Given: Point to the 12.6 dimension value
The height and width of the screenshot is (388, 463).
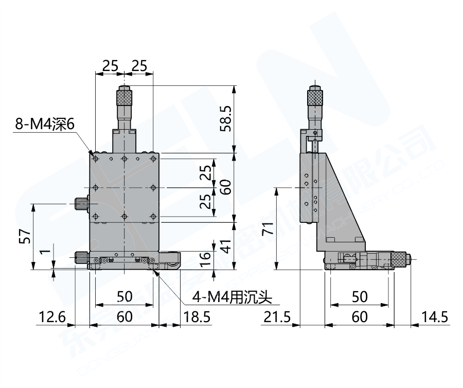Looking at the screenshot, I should click(51, 317).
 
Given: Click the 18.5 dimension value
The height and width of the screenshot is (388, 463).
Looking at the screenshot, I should click(197, 317).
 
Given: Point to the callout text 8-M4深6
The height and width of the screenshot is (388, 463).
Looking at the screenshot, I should click(45, 124).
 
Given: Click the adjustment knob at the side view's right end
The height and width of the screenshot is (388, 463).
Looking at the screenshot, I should click(401, 259).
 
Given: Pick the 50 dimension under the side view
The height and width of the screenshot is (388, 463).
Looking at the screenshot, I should click(360, 296).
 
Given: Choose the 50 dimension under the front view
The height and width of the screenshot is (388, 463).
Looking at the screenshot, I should click(124, 296).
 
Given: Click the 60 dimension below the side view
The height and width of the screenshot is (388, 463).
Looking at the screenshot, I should click(360, 317).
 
